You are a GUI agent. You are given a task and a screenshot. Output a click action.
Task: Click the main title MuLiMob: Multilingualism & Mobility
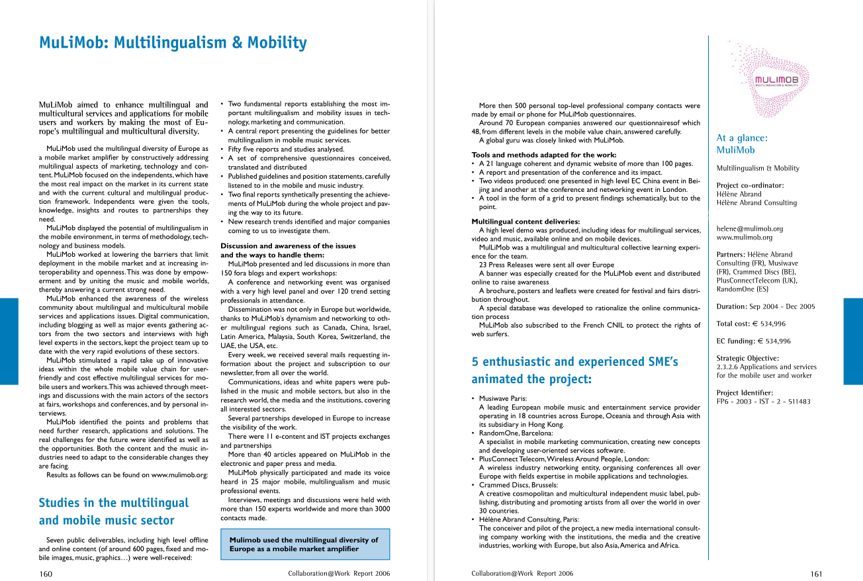click(173, 43)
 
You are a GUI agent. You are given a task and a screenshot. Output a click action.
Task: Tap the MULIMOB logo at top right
click(776, 81)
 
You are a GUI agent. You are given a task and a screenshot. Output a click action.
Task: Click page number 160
click(46, 574)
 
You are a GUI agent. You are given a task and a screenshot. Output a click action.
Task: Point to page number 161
click(816, 574)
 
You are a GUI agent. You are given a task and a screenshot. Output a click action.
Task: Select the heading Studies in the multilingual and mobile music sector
click(114, 512)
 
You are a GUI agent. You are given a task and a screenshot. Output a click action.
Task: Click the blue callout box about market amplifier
click(305, 544)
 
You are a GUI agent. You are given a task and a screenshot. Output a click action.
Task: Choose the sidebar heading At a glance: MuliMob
click(742, 144)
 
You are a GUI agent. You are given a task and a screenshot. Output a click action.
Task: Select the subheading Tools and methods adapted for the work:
click(543, 155)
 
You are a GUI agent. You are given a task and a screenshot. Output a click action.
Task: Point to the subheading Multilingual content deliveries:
click(525, 221)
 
